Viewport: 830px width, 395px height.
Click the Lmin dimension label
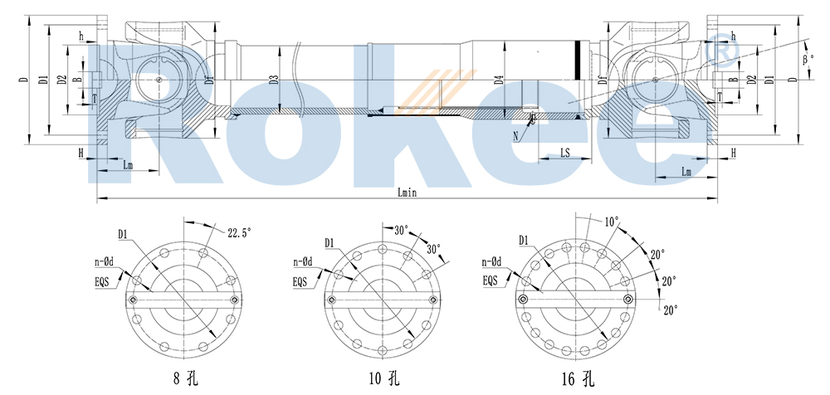click(x=406, y=192)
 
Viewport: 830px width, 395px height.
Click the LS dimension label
click(x=564, y=152)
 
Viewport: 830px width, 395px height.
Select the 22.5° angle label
click(x=237, y=233)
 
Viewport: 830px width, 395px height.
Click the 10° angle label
click(x=611, y=222)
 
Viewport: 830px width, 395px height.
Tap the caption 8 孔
click(x=183, y=380)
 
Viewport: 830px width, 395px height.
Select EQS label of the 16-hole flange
click(x=493, y=280)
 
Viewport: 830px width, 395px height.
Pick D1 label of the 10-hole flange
click(x=330, y=242)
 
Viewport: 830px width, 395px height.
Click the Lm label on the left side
click(x=128, y=165)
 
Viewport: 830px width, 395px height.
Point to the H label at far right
click(x=734, y=153)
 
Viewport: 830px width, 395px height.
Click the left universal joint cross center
click(x=158, y=80)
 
